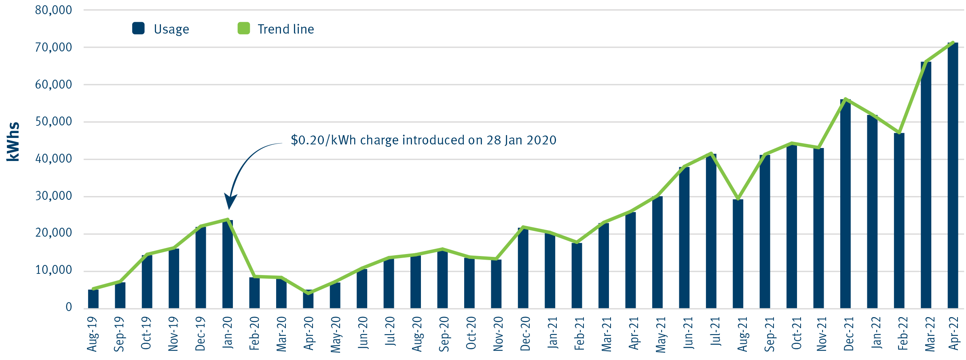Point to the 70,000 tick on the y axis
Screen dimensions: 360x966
click(53, 47)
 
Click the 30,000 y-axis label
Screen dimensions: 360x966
click(53, 196)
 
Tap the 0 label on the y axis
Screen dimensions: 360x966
click(69, 307)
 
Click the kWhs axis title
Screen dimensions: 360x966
click(13, 142)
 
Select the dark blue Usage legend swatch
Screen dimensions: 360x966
click(138, 28)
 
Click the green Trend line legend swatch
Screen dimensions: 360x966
click(243, 28)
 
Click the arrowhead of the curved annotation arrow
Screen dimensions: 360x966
click(230, 202)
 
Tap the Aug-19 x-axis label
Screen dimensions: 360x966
click(93, 334)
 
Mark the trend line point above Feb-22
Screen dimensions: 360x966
click(899, 133)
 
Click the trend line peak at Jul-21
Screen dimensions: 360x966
click(711, 153)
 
